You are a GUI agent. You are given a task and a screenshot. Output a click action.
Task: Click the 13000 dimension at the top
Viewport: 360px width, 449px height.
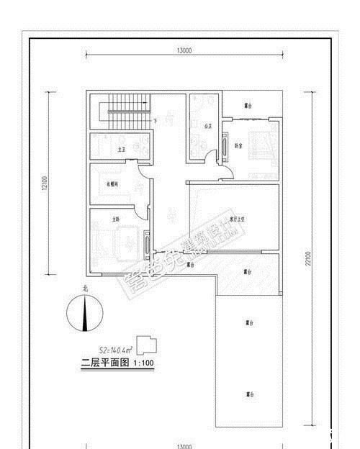pos(183,50)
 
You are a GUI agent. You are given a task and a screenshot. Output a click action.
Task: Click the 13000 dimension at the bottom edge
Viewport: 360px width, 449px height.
pos(183,446)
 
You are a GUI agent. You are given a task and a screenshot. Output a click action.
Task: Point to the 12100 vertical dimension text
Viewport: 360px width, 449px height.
pos(44,183)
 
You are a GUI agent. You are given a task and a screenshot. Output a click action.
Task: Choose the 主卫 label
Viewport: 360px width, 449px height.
pos(122,149)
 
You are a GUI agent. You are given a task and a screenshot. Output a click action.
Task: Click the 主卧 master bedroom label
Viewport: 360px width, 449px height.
pos(115,218)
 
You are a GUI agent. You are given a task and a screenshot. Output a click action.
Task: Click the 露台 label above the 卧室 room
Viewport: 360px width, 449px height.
pos(248,106)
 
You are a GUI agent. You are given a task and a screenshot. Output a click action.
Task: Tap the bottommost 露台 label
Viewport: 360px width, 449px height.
pos(248,394)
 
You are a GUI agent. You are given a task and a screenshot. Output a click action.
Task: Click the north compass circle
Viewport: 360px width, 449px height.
pos(86,314)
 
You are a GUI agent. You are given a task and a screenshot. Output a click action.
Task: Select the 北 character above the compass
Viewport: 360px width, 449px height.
pos(86,290)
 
